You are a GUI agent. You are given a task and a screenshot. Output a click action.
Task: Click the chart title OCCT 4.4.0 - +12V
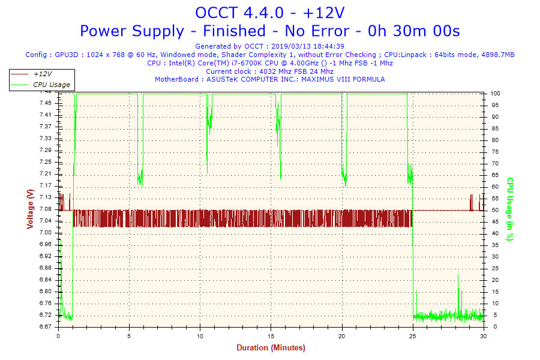point(269,13)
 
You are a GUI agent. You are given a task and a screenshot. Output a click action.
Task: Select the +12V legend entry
point(42,74)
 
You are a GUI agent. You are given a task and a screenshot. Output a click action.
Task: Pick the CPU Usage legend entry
point(51,85)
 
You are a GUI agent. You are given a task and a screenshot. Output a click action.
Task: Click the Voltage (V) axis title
point(30,209)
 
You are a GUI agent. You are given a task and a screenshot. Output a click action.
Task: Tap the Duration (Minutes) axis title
point(271,348)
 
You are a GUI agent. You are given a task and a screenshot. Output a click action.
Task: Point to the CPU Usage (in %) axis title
point(510,209)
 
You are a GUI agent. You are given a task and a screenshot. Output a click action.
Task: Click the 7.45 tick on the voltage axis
point(46,103)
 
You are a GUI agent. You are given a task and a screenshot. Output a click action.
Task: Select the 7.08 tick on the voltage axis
point(46,209)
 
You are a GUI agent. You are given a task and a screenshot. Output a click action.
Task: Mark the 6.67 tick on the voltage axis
point(46,327)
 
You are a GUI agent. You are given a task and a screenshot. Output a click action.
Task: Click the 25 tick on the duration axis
point(413,336)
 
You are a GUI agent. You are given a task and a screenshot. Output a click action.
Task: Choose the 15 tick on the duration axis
point(271,336)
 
